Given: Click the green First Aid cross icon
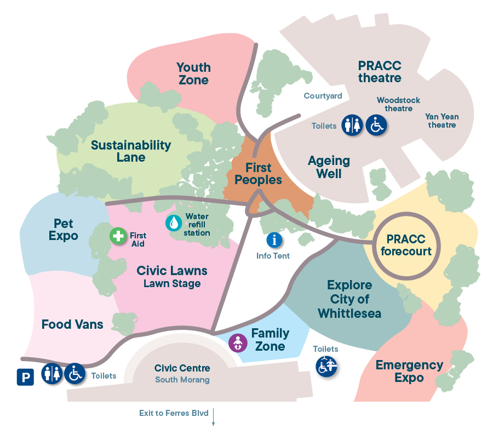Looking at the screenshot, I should (118, 236).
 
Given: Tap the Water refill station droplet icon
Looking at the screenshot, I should (174, 222).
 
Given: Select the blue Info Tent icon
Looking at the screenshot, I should (274, 239).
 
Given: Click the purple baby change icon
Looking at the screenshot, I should (238, 343).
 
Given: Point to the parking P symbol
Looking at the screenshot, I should (25, 376).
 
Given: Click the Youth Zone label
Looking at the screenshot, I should (193, 73).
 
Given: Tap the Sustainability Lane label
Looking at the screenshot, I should (131, 151).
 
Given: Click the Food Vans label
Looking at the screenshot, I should (72, 324).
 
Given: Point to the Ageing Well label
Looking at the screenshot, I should (329, 167).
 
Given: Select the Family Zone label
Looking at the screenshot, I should (270, 340).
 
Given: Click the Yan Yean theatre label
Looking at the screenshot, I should (442, 121).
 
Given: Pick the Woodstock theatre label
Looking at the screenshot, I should (398, 104).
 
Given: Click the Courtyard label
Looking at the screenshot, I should (323, 96).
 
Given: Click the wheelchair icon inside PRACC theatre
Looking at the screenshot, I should (376, 125).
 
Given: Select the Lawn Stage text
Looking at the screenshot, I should (172, 283).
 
